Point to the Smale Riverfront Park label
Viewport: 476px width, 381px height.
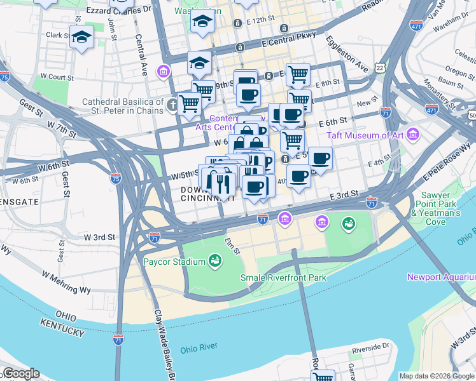pos(283,277)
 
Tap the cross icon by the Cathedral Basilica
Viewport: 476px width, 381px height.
pos(172,105)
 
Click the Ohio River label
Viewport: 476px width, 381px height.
pos(199,349)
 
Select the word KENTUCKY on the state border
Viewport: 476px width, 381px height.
pos(62,332)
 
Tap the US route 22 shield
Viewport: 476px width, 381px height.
pos(380,67)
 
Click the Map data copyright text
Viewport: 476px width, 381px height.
pos(436,376)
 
